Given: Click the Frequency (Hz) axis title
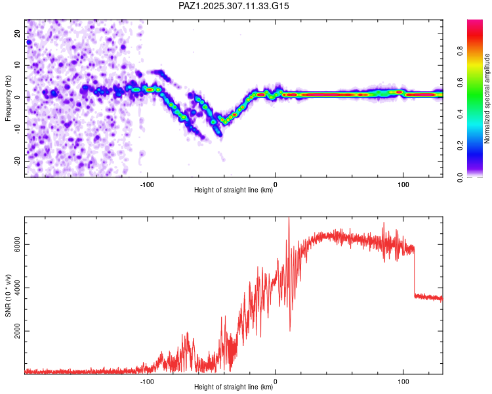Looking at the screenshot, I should point(8,98).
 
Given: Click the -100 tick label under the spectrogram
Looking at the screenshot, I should point(148,184).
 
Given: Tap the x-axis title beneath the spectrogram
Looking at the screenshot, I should point(234,191).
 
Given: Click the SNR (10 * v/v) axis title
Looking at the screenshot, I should point(8,295).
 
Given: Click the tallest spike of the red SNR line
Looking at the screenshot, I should point(289,219).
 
